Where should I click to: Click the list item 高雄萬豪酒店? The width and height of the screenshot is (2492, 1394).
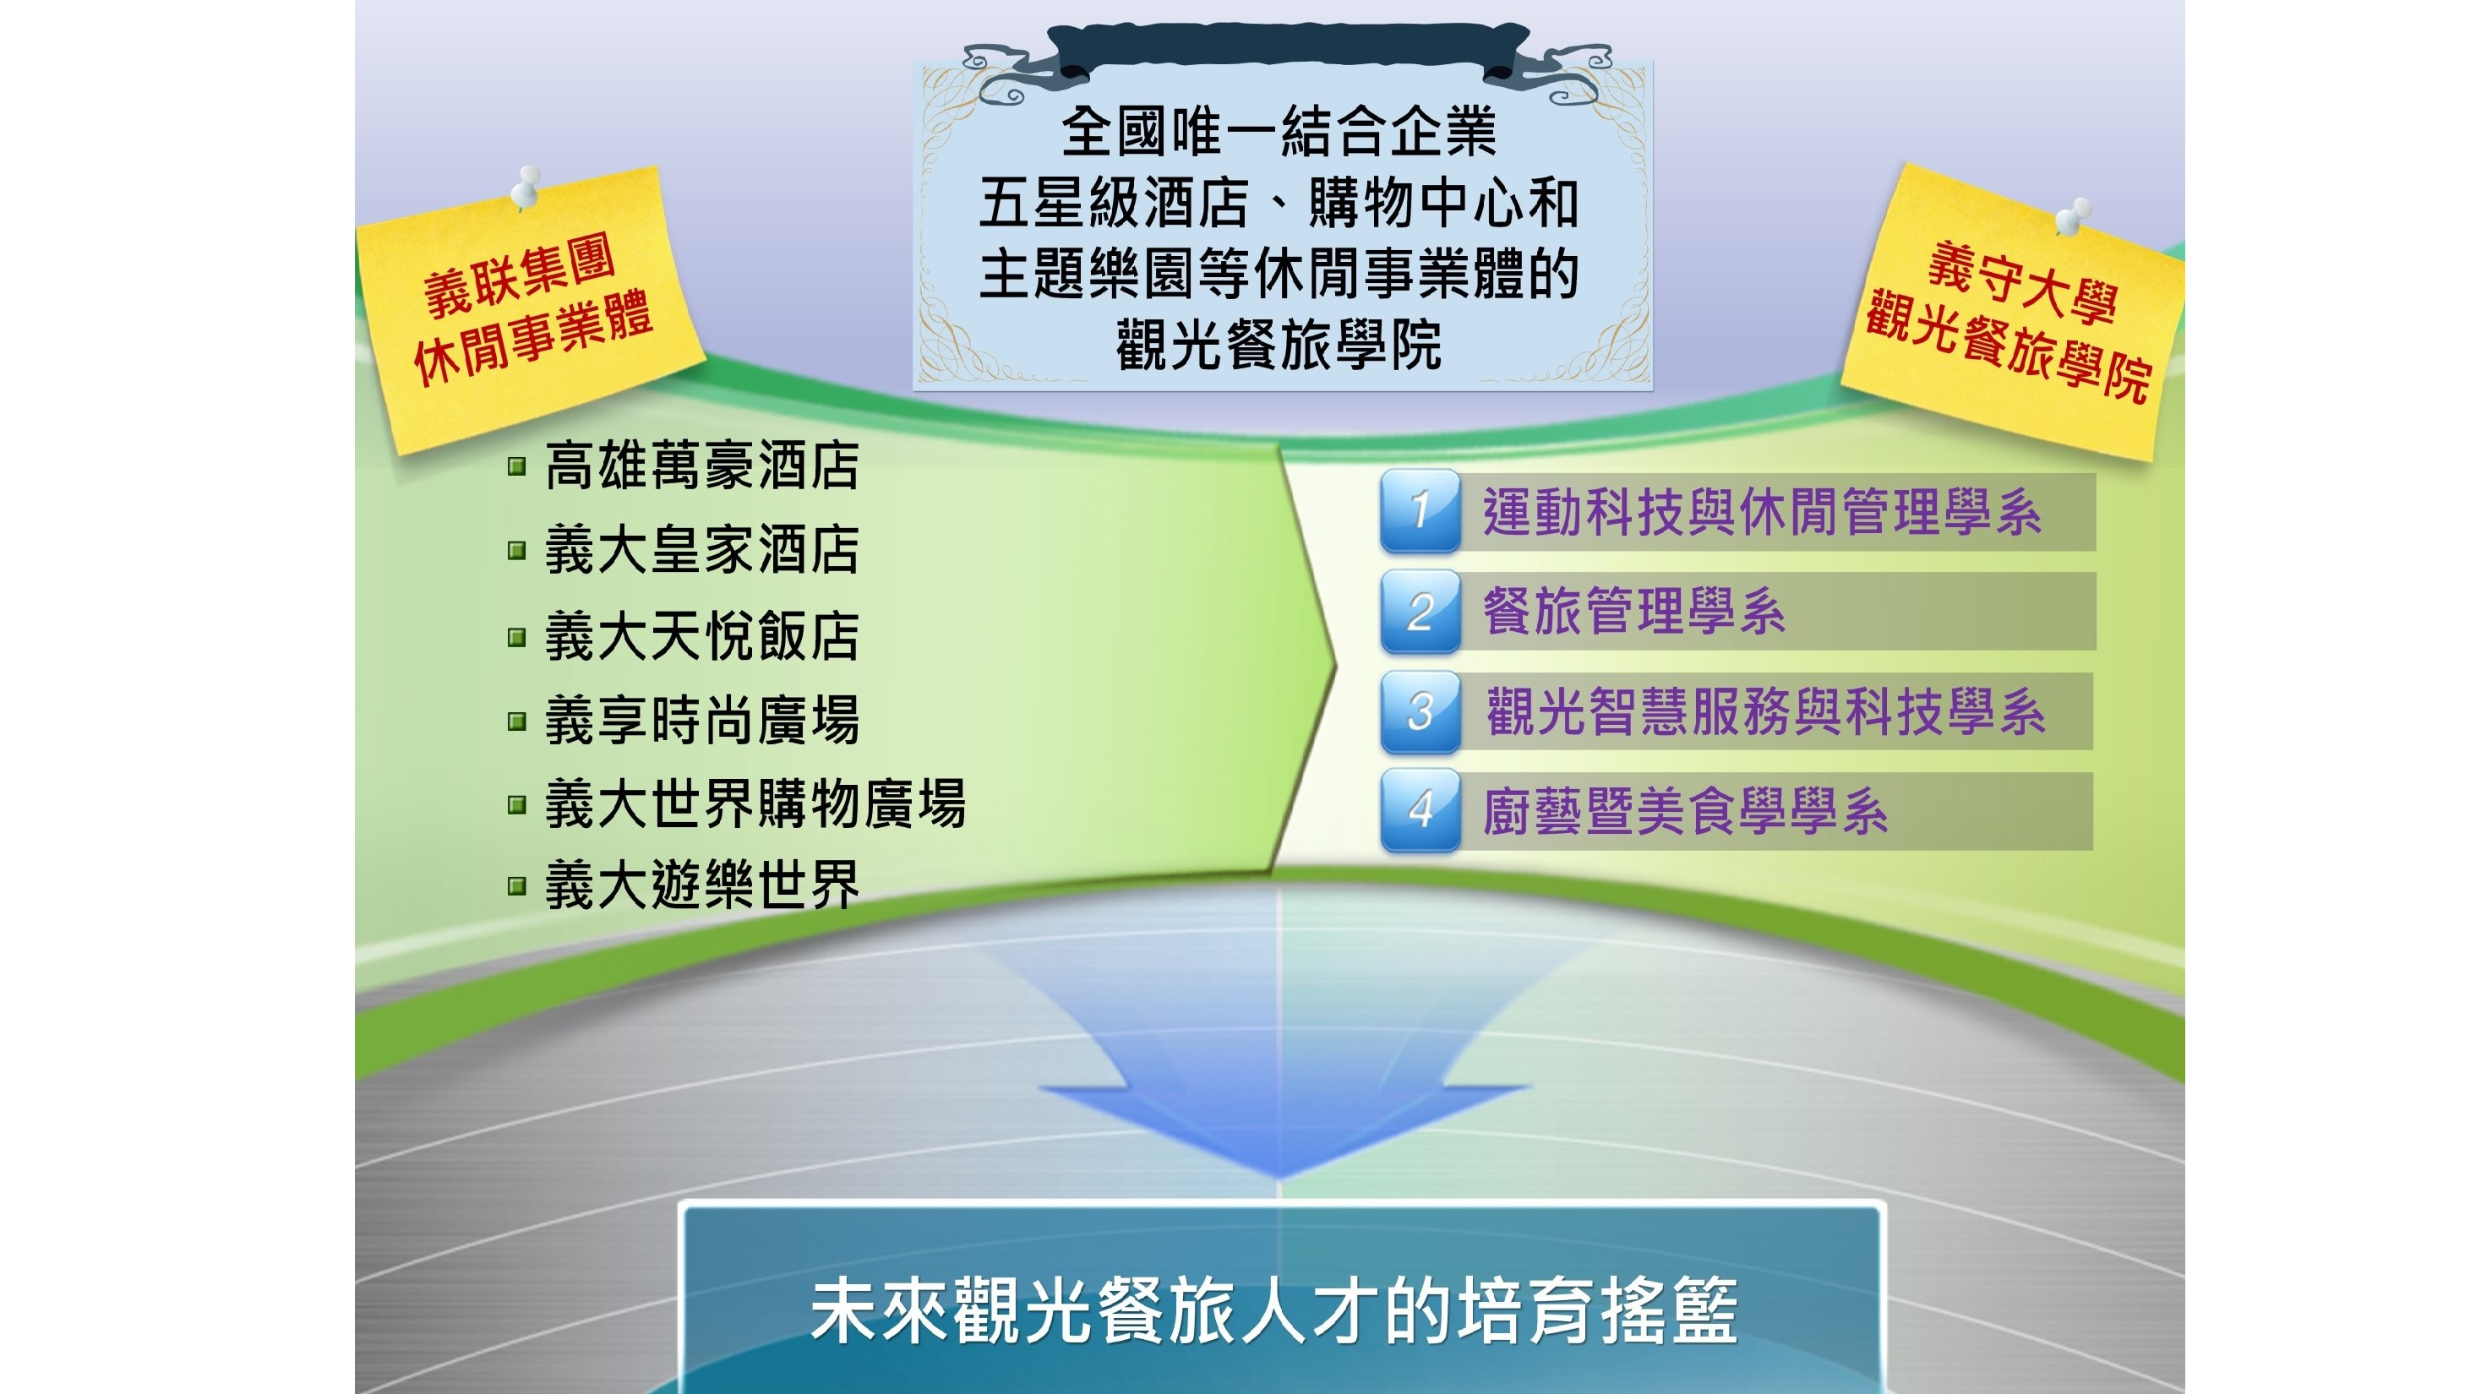coord(701,466)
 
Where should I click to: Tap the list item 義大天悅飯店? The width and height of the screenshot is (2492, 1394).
coord(701,636)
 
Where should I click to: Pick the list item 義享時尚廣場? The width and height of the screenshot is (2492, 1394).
coord(701,721)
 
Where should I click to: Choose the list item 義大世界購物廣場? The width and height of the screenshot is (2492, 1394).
coord(755,804)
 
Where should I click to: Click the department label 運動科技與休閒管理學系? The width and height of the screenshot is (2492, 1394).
coord(1763,513)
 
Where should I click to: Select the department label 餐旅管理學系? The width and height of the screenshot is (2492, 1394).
coord(1634,613)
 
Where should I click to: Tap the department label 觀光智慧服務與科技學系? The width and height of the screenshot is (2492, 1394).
coord(1765,712)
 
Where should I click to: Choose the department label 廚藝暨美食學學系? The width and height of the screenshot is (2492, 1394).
coord(1685,812)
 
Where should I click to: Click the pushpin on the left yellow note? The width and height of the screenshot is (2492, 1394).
coord(526,187)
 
